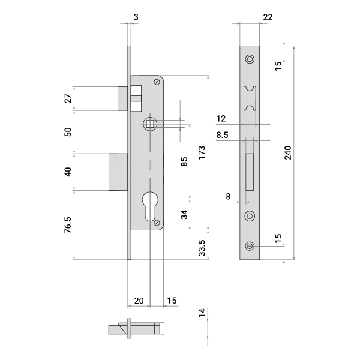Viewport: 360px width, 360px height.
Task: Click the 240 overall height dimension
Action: pos(288,152)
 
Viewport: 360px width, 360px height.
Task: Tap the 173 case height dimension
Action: pos(202,152)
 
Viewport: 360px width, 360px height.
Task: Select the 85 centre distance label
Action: pos(184,161)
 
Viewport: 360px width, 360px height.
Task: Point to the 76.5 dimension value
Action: pos(68,225)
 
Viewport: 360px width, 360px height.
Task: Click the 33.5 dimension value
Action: pos(202,248)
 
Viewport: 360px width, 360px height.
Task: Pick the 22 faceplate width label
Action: pos(268,17)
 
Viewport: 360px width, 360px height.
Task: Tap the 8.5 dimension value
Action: pos(222,135)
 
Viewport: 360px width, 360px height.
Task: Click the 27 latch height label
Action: pos(68,98)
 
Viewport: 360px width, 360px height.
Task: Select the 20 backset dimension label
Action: pos(139,301)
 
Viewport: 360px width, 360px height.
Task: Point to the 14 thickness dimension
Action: pos(202,313)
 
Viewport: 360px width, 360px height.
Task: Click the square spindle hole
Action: pos(150,124)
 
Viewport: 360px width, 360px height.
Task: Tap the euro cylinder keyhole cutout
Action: pos(150,206)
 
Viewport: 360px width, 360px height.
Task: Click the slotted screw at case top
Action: pos(157,82)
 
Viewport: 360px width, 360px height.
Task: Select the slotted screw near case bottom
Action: pos(157,223)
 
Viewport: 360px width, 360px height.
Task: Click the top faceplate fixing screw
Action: pos(250,59)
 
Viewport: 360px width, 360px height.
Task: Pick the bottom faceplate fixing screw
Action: pos(250,246)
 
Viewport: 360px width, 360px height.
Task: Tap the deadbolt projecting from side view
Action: pos(118,172)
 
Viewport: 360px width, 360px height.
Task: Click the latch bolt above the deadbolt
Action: pos(122,98)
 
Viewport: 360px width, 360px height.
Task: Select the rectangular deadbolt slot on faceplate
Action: pos(250,172)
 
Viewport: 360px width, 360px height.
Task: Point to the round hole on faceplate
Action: pos(250,216)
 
